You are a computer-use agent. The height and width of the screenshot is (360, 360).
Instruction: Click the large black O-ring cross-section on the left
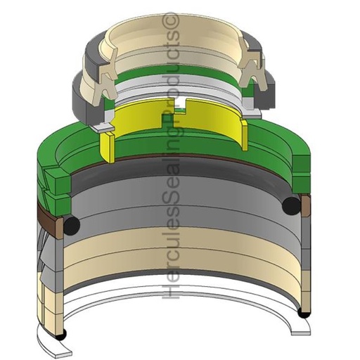pos(71,225)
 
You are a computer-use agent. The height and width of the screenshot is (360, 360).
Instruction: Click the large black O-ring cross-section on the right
pos(292,206)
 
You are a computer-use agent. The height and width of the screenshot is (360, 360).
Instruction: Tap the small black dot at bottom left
pos(63,333)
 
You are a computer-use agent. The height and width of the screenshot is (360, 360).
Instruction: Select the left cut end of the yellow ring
pos(107,146)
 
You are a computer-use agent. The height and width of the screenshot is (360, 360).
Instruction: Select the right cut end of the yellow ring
pos(244,135)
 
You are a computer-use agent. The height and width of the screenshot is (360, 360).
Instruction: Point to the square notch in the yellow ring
pos(180,105)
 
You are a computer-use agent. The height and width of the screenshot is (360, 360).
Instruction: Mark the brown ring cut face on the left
pos(59,229)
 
